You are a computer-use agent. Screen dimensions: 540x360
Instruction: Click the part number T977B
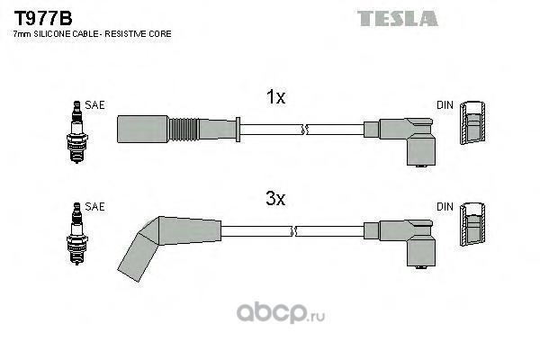point(43,18)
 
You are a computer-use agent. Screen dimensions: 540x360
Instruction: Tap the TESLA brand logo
point(398,19)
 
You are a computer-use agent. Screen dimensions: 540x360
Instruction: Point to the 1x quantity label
point(275,97)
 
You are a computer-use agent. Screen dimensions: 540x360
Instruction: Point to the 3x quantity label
point(275,198)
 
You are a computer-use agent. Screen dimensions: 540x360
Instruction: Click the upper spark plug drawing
point(77,132)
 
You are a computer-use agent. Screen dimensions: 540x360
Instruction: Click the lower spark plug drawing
point(77,234)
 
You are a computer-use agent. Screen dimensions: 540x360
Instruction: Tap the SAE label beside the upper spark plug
point(94,105)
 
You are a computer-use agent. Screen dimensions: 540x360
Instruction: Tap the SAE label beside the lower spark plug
point(94,206)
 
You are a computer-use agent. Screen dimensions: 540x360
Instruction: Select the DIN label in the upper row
point(445,105)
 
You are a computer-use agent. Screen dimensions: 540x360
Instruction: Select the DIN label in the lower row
point(445,207)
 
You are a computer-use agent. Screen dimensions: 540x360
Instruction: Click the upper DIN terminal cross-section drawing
point(472,122)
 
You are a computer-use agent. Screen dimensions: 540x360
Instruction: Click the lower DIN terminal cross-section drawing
point(472,224)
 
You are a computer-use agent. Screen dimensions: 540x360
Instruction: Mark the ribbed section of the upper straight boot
point(184,130)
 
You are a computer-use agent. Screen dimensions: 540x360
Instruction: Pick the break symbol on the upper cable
point(304,130)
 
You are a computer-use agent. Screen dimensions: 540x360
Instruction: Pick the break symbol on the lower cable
point(293,231)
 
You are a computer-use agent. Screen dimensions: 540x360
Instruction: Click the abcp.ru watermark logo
point(281,313)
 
